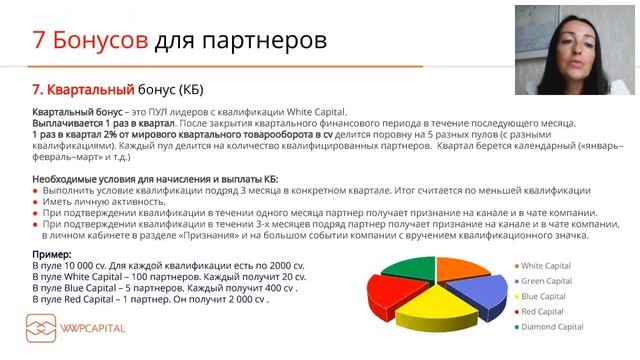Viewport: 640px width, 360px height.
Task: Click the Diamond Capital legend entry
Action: point(553,327)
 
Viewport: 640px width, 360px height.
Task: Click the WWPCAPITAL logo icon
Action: point(43,328)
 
